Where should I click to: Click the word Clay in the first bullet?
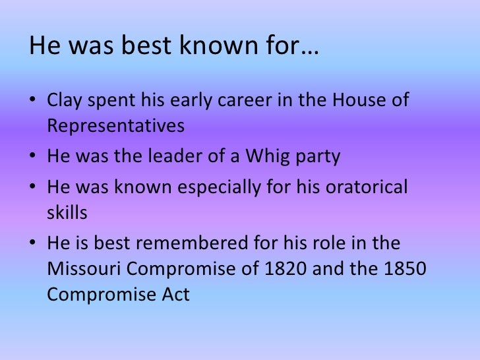64,102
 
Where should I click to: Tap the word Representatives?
116,125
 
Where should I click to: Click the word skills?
67,212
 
